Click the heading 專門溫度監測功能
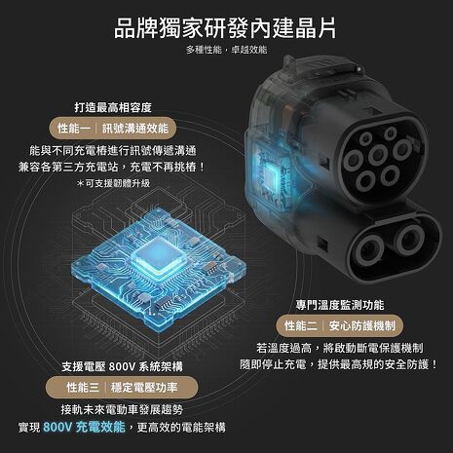[x=331, y=304]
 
